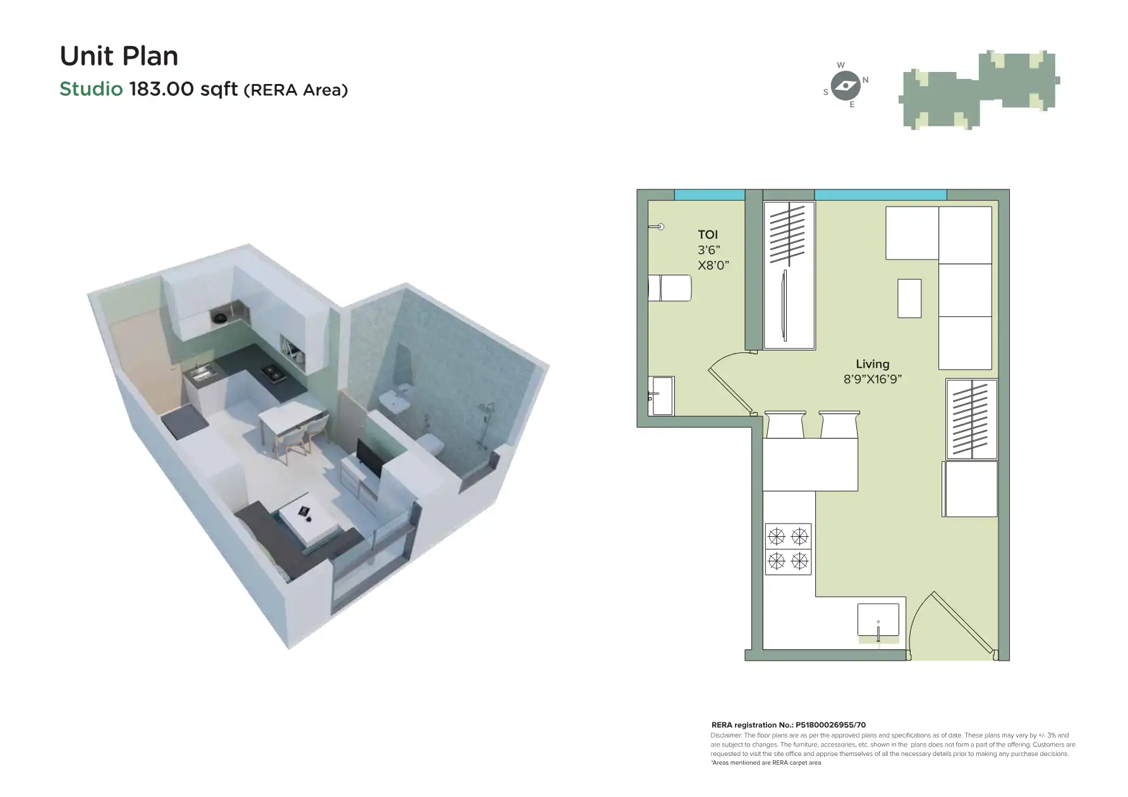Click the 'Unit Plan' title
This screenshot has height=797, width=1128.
[x=119, y=56]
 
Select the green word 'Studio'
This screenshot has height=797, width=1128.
[x=91, y=89]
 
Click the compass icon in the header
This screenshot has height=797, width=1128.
[x=845, y=85]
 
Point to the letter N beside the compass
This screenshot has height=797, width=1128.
[x=866, y=80]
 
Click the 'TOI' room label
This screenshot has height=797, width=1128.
[x=708, y=235]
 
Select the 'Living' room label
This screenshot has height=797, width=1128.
[x=872, y=364]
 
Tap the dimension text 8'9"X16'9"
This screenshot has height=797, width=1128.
[x=872, y=380]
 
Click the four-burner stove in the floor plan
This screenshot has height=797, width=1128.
[x=788, y=549]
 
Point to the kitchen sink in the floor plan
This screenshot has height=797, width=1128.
[x=878, y=620]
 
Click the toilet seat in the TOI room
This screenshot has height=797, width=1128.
[x=670, y=289]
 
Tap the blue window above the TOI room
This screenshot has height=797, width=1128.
[x=709, y=195]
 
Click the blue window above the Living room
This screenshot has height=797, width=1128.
[x=880, y=195]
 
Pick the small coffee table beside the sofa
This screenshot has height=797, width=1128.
[x=909, y=298]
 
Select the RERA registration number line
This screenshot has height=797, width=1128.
[x=788, y=725]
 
